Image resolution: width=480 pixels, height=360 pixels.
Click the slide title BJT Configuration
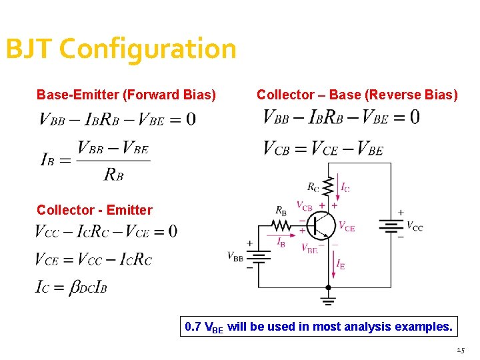[121, 49]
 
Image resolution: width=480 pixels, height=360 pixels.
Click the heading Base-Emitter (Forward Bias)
[126, 95]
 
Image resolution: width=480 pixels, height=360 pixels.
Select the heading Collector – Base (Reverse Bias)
[357, 95]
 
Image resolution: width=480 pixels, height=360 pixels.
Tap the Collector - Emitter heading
[94, 210]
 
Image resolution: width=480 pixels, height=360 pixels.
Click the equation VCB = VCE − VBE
[323, 149]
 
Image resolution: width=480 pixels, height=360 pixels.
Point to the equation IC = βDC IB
[71, 288]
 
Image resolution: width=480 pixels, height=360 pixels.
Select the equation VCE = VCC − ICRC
[93, 259]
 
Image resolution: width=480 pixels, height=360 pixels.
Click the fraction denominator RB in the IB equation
[113, 174]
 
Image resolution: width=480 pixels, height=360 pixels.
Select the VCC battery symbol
[391, 227]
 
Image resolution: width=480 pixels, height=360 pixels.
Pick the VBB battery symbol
[258, 256]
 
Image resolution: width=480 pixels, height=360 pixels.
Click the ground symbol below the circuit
[327, 297]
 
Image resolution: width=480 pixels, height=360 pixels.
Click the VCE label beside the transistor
[347, 227]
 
